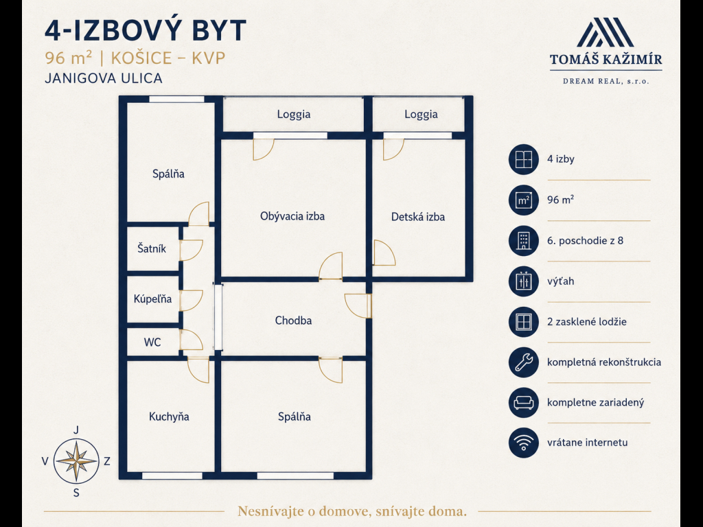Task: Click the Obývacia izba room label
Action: [292, 216]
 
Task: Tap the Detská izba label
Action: [418, 217]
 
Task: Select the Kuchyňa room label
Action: [169, 417]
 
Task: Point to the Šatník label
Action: [152, 248]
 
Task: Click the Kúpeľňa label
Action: [152, 298]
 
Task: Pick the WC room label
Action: [152, 342]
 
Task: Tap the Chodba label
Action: [293, 320]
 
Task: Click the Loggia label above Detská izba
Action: [421, 115]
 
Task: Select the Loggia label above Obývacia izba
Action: [294, 115]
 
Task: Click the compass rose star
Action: [77, 461]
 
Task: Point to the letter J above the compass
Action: [76, 430]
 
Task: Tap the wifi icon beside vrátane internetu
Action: [523, 443]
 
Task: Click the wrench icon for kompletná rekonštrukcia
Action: [523, 362]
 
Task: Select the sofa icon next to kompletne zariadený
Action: [523, 402]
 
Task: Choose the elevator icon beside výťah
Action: [523, 281]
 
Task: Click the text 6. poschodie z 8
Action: [585, 241]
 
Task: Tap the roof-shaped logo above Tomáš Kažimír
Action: [606, 32]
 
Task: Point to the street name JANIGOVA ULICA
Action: [104, 78]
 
